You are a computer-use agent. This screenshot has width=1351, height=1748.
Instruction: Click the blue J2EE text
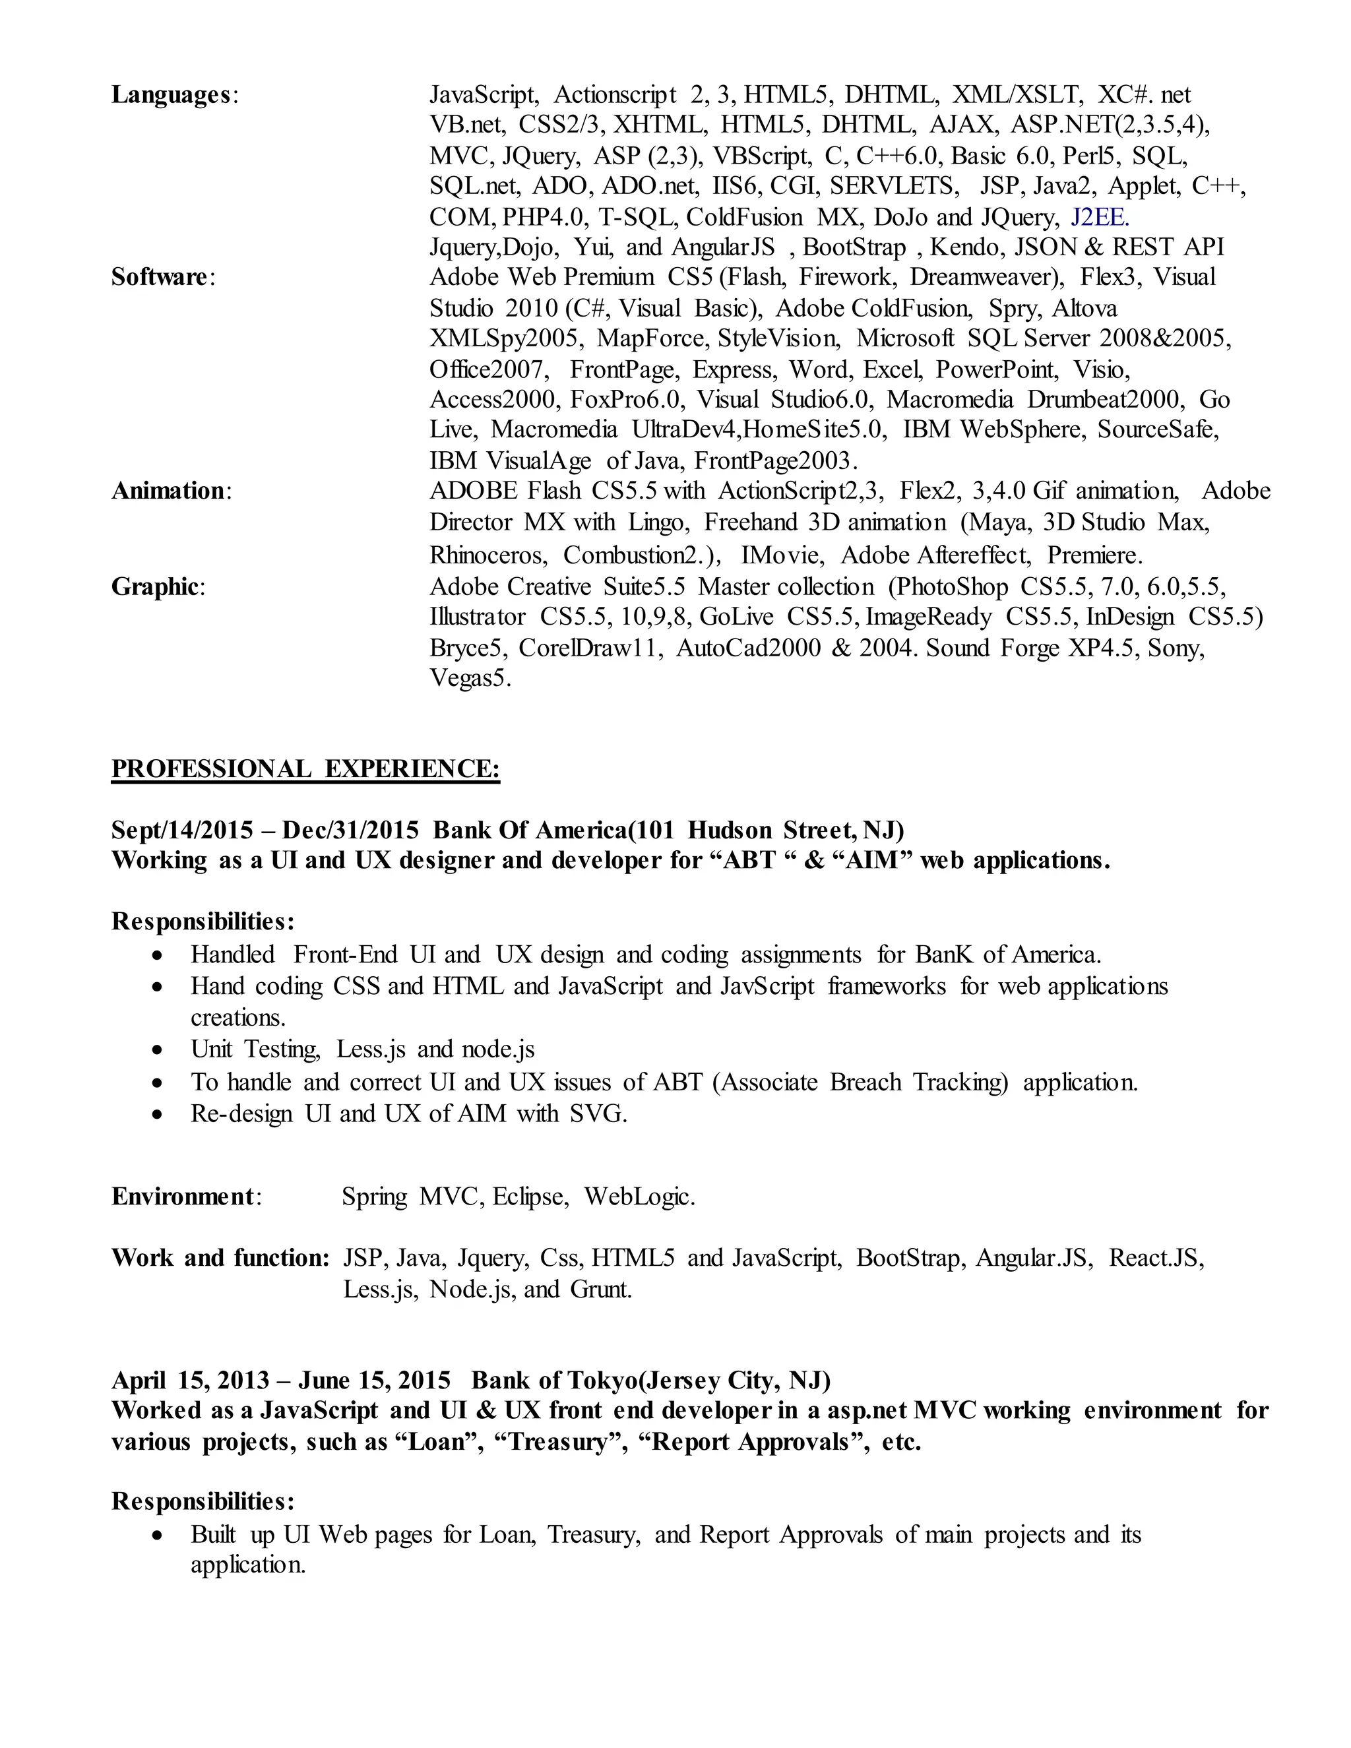point(1099,217)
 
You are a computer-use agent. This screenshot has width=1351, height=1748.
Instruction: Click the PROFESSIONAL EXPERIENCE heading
point(305,768)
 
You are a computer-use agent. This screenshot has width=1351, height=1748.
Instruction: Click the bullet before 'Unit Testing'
point(160,1050)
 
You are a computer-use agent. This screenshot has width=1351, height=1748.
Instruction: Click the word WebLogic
point(639,1197)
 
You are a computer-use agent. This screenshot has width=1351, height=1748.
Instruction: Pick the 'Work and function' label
point(220,1258)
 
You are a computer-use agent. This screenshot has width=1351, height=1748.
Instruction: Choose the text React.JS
point(1156,1258)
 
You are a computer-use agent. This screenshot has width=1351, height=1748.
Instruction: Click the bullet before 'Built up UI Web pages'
point(160,1536)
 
